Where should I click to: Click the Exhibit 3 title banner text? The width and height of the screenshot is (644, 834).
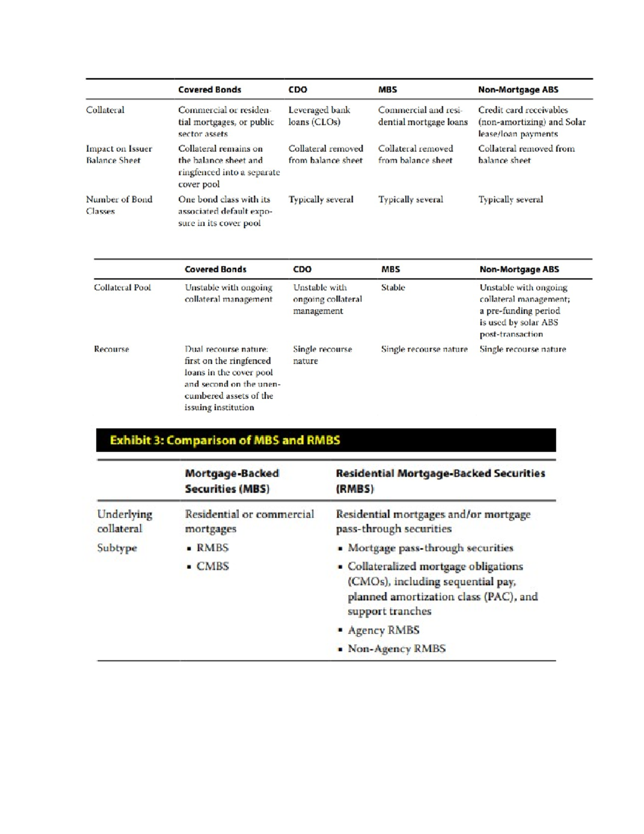coord(225,440)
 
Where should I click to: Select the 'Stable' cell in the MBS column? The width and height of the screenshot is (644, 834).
coord(393,287)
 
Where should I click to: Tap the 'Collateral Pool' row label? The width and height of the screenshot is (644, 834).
coord(122,287)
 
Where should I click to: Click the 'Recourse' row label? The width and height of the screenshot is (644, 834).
coord(111,349)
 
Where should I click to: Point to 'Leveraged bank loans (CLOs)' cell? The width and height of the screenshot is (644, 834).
coord(319,116)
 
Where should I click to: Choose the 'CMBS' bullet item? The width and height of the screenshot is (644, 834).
coord(212,566)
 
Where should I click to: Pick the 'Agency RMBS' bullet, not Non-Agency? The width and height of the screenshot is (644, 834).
coord(383,630)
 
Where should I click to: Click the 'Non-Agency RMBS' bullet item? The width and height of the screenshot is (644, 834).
coord(396,648)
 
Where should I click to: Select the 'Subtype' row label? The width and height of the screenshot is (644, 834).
coord(117,548)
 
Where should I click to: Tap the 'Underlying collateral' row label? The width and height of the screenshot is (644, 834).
coord(125,521)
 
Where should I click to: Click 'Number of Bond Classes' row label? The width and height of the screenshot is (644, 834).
coord(119,205)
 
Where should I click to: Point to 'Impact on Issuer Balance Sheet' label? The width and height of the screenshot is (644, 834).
coord(119,154)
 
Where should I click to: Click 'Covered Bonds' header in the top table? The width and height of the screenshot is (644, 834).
coord(209,90)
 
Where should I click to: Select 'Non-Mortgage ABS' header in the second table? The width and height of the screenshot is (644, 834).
coord(519,269)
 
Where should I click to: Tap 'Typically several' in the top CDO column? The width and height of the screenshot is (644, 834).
coord(320,199)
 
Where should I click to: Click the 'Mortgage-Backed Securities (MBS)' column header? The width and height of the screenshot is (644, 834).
coord(232,481)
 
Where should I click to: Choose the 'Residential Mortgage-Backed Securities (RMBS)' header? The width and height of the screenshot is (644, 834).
coord(440,481)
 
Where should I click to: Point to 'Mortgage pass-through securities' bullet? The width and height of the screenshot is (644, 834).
coord(430,548)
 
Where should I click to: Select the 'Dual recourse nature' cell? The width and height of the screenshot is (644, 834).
coord(232,378)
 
